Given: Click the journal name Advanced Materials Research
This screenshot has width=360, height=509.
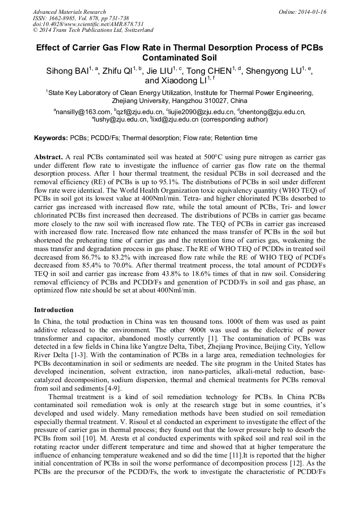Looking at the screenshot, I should click(x=69, y=12).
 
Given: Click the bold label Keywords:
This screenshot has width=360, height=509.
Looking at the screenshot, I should click(x=52, y=138).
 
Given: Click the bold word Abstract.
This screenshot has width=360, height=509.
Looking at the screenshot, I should click(x=48, y=158).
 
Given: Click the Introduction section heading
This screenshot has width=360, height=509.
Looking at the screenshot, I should click(x=55, y=309).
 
